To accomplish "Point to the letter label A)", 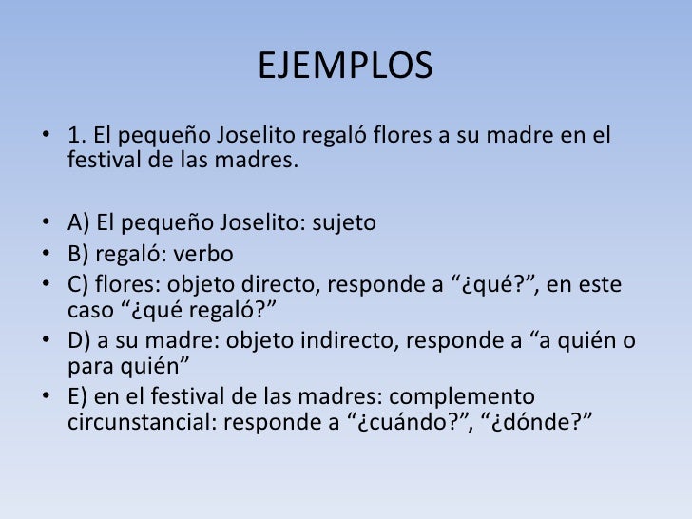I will point(78,224).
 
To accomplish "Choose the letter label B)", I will point(78,255).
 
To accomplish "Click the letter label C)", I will point(78,285).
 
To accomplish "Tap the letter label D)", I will point(79,342).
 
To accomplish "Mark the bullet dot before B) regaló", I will point(48,256).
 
